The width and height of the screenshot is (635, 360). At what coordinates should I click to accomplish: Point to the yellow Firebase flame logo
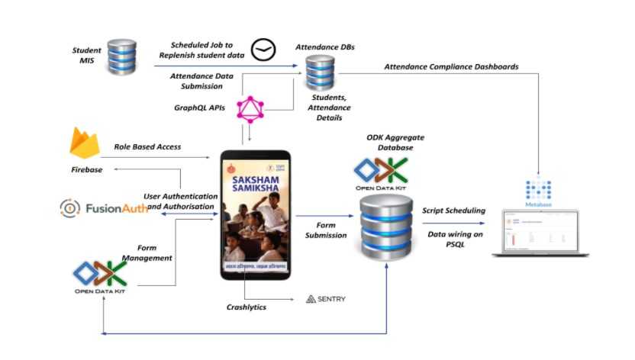(x=85, y=143)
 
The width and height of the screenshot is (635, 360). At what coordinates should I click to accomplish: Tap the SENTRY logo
(x=326, y=298)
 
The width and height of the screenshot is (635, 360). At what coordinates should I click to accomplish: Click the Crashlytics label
(x=250, y=307)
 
